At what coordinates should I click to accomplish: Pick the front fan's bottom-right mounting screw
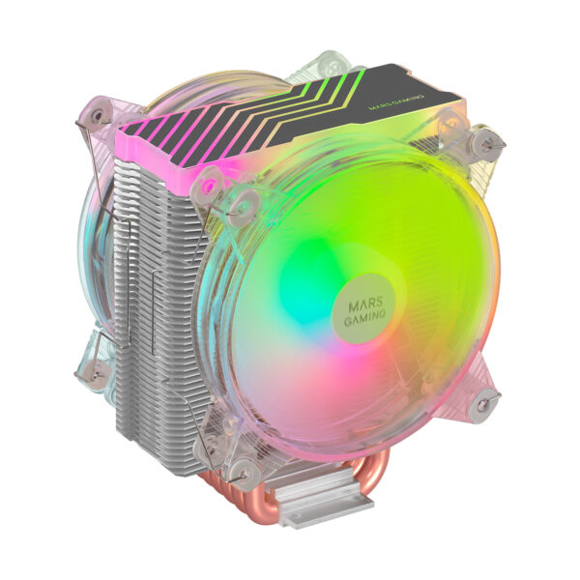pyautogui.click(x=484, y=399)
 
